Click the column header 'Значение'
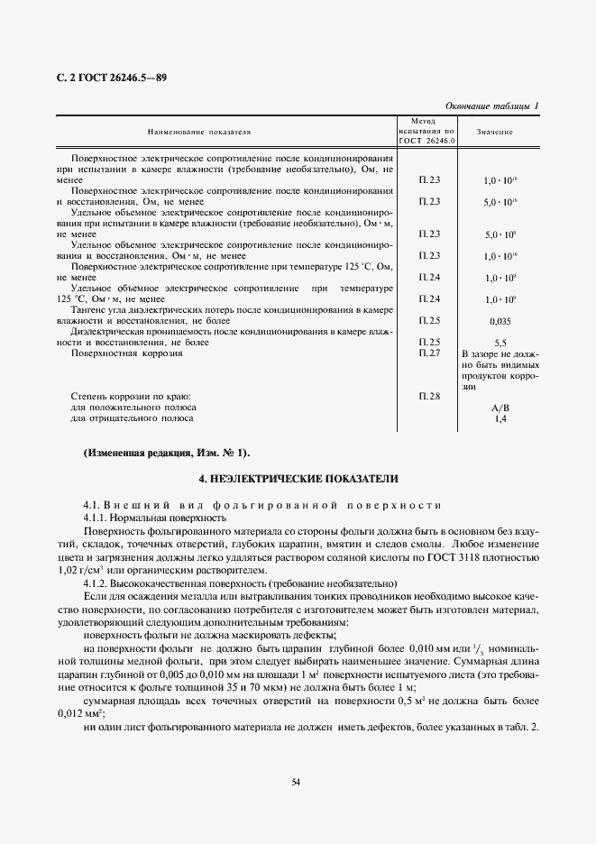(495, 132)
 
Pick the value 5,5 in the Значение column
(500, 343)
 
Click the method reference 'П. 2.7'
(429, 353)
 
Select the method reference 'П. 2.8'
(429, 396)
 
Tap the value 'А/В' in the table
(500, 408)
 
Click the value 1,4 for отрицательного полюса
(500, 418)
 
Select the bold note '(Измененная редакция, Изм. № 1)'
(166, 452)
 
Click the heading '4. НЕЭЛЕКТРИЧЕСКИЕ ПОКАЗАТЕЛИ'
(298, 478)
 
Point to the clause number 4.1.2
(96, 584)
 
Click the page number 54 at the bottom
(297, 781)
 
